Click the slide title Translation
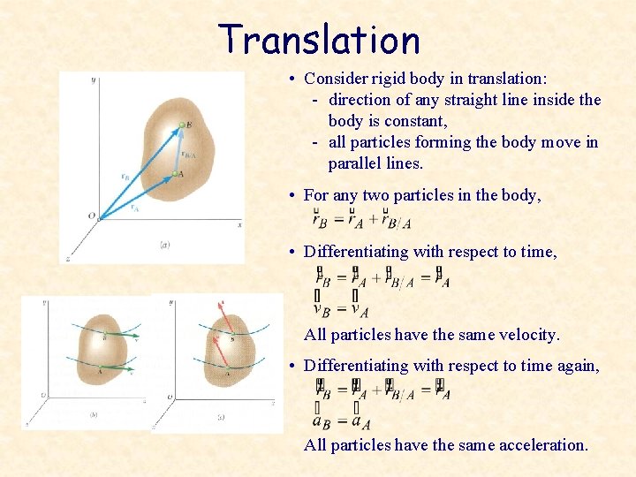tap(319, 40)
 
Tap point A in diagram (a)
tap(179, 174)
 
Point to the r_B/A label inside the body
tap(189, 155)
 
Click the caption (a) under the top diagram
tap(164, 245)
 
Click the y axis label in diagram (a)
tap(94, 80)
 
